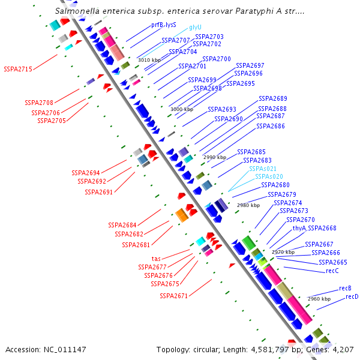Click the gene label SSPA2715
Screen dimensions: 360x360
tap(18, 69)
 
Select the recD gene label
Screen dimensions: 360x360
tap(352, 296)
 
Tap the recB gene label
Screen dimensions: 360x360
tap(345, 288)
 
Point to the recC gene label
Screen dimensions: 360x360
tap(332, 271)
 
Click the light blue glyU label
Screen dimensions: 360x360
tap(196, 27)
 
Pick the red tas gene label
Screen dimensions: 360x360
tap(155, 259)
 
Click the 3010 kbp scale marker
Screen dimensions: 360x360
tap(149, 60)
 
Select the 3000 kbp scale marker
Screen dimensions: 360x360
tap(182, 109)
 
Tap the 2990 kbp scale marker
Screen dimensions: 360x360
tap(215, 157)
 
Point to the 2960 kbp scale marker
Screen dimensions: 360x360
tap(319, 298)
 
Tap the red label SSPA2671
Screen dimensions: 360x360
tap(174, 296)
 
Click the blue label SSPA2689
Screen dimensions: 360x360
tap(272, 98)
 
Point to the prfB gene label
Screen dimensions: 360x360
tap(157, 25)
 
